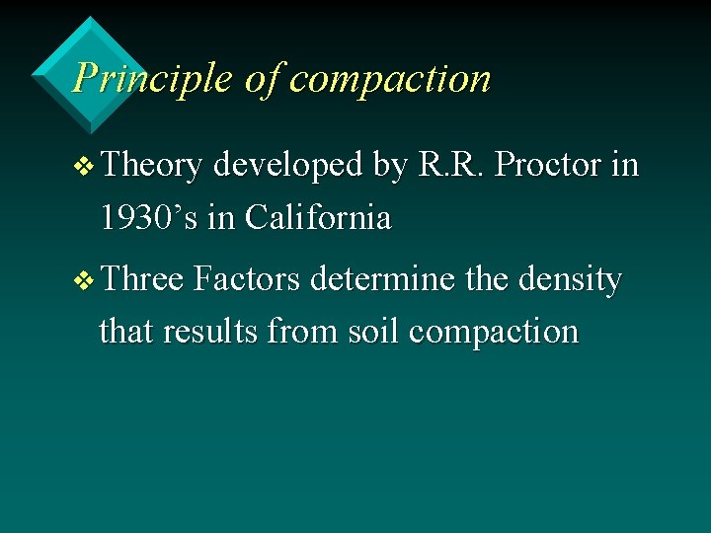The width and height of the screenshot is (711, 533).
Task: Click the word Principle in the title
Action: point(152,78)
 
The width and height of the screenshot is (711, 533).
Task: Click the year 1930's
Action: point(151,217)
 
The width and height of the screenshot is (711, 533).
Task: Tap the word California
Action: point(317,217)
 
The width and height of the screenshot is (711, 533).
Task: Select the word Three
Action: point(142,280)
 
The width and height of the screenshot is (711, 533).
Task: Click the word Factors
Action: point(247,280)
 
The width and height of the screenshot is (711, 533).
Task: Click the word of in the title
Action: point(262,78)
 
